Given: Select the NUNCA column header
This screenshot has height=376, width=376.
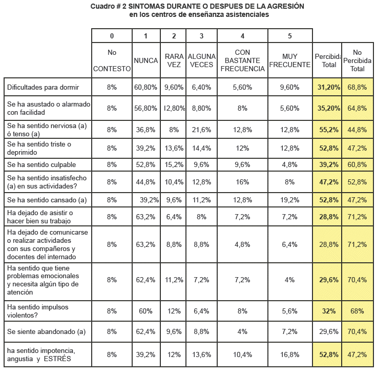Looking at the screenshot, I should (x=145, y=60).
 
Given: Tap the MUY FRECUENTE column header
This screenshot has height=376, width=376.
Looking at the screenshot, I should (x=289, y=60).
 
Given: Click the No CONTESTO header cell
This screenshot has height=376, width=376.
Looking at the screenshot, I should (x=112, y=60).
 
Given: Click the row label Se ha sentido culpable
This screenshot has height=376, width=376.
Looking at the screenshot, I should (x=41, y=164).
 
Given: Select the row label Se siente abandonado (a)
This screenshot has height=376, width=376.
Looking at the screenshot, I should (x=46, y=331).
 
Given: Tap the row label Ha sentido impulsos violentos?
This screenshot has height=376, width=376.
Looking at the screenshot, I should (x=39, y=310).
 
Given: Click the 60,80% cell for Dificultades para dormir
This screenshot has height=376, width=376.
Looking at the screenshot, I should (x=145, y=88).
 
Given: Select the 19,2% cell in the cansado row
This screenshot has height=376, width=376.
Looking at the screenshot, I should (x=289, y=200).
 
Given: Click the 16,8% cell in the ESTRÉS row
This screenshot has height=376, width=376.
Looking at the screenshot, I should (x=289, y=354).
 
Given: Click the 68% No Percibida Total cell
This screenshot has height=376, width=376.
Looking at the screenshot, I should (x=358, y=311).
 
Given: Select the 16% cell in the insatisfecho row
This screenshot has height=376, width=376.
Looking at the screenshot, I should (x=242, y=181).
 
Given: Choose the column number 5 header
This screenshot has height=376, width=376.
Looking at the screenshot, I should (x=289, y=36).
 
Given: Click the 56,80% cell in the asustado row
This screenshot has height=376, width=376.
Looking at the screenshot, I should (x=145, y=108).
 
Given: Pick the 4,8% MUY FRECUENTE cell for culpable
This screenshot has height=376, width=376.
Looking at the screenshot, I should (x=289, y=164).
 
